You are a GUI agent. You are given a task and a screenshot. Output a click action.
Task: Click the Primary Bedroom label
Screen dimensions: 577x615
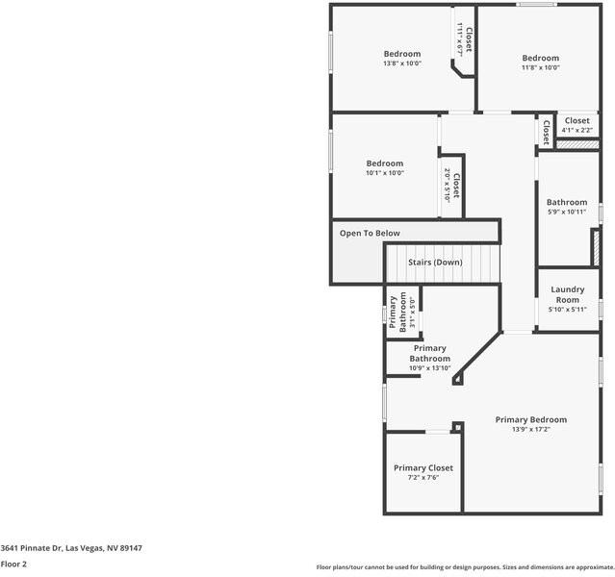click(530, 419)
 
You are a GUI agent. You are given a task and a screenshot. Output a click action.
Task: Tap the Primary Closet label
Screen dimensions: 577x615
click(423, 467)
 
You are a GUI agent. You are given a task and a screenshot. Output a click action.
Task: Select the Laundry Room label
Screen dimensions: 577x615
click(567, 294)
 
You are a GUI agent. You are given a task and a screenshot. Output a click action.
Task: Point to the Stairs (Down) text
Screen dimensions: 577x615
click(435, 262)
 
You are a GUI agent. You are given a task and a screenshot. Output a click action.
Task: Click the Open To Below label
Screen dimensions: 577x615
click(370, 233)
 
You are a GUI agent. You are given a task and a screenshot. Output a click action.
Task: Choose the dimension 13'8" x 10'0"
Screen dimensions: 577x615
click(402, 64)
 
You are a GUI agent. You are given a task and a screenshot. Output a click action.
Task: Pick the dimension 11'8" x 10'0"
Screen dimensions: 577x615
click(540, 68)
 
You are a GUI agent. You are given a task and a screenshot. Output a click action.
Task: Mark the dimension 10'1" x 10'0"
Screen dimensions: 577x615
click(384, 173)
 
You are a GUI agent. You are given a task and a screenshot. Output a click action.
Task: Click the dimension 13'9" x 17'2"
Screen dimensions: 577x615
click(530, 430)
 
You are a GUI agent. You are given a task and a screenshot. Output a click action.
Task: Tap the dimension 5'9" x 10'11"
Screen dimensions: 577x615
click(567, 213)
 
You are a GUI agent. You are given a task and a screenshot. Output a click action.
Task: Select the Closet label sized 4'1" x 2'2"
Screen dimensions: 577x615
click(577, 120)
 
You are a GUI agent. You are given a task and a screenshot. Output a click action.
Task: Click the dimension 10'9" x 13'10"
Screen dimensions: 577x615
click(429, 368)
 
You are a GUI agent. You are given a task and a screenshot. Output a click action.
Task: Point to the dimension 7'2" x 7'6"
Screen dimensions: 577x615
click(423, 478)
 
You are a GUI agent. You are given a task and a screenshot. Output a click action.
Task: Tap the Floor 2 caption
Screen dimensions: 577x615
click(13, 564)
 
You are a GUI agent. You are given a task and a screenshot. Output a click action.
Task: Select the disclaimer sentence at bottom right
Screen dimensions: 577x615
click(465, 566)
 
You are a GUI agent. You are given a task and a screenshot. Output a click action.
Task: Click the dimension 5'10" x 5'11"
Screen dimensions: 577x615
click(567, 310)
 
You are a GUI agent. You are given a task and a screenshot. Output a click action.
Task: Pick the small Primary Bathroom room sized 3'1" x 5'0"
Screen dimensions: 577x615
click(403, 312)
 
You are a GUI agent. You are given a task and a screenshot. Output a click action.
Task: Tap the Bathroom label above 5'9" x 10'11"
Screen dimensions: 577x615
click(567, 202)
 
